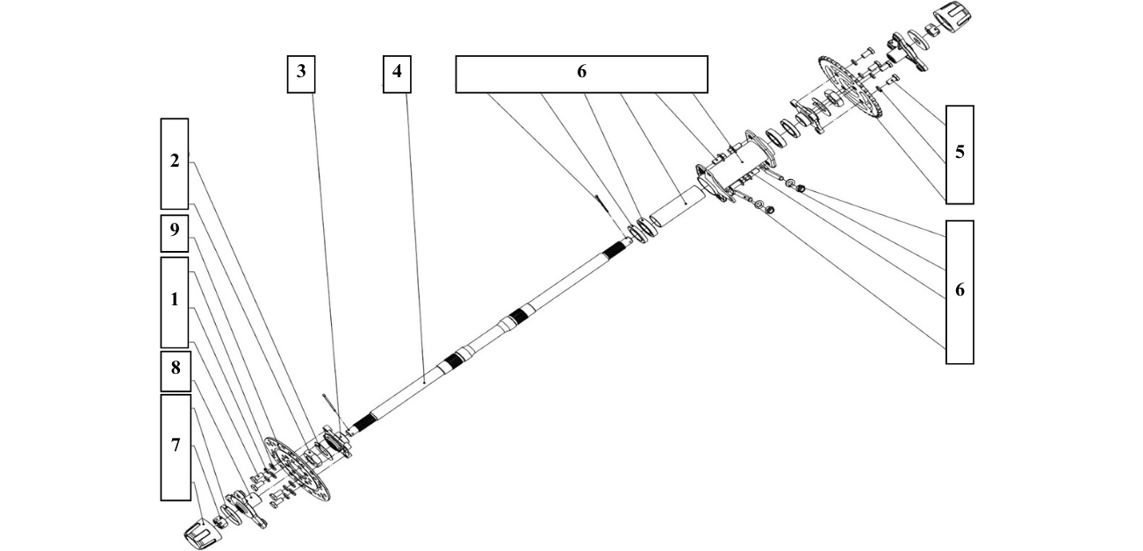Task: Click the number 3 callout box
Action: tap(301, 73)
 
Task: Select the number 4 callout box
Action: tap(397, 73)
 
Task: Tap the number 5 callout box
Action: tap(960, 154)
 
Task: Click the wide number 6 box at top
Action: tap(581, 74)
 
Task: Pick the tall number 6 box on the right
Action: tap(960, 290)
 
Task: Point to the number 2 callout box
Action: tap(175, 162)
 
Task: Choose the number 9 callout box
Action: tap(175, 231)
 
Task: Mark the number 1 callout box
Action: tap(175, 301)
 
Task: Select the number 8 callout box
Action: tap(176, 370)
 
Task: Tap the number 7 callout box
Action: tap(176, 447)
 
